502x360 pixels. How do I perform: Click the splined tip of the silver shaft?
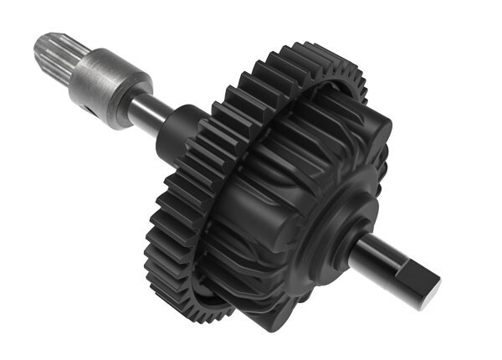click(52, 52)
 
